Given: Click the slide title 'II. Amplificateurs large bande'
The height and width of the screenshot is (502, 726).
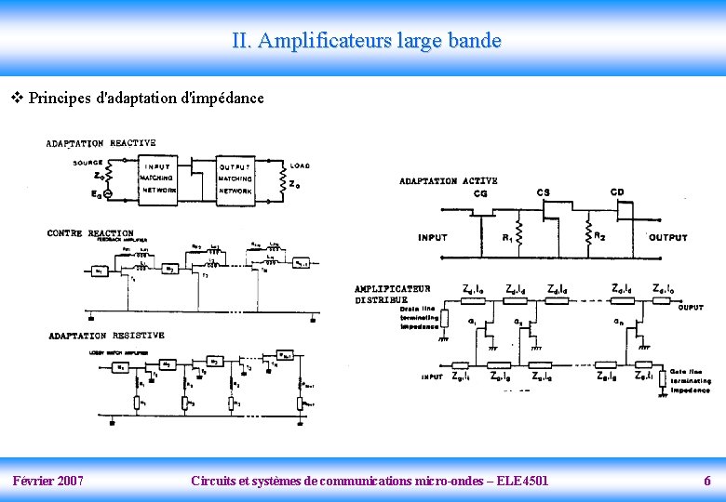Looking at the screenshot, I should (367, 41).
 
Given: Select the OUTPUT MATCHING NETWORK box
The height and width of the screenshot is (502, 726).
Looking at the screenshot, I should (235, 178).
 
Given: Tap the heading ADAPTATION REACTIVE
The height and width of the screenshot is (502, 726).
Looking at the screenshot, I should (101, 143).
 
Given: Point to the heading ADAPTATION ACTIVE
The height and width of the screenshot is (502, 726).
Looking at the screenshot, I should (449, 180).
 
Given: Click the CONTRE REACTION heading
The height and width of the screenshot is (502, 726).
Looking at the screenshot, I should (90, 233).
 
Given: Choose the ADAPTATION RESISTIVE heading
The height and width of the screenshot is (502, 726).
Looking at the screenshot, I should (106, 336).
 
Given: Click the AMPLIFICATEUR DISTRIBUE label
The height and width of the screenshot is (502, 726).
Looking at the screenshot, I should (392, 294).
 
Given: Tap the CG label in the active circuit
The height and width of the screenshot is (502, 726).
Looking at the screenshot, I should (480, 193).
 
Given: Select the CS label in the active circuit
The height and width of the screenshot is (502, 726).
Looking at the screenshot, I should (544, 192).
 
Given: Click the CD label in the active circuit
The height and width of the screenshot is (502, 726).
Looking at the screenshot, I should (617, 192).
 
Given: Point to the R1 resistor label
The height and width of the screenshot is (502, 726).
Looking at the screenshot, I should (508, 238).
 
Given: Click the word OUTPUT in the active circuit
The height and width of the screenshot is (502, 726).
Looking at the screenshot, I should (667, 237).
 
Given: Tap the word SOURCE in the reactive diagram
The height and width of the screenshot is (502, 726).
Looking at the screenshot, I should (87, 162).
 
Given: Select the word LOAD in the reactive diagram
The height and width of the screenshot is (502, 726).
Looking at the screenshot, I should (300, 165).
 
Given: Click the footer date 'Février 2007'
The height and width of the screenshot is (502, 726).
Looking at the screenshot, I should (47, 481).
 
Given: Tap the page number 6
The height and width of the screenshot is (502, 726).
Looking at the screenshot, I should (707, 481).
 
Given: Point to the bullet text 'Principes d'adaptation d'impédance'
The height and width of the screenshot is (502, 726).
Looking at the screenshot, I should (146, 98).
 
